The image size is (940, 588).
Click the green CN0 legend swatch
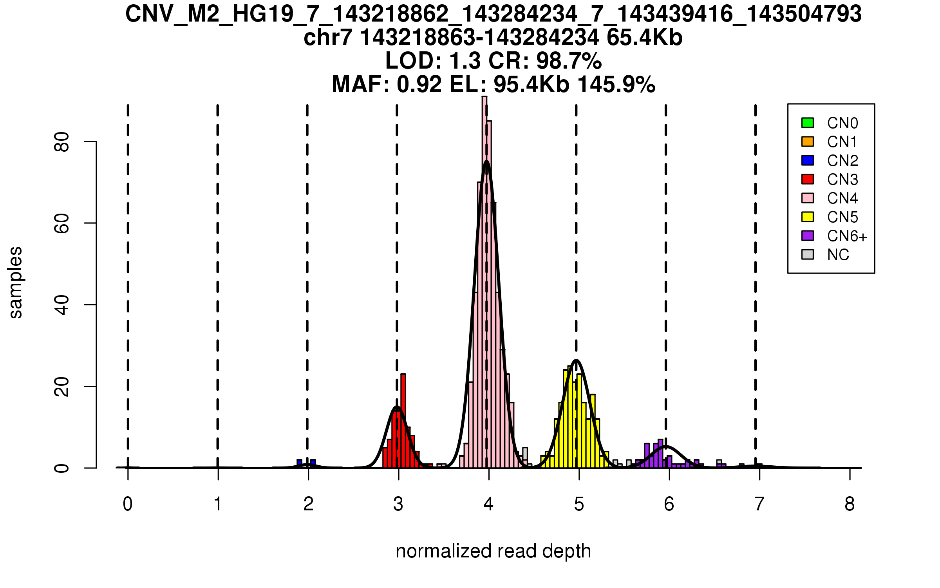(x=807, y=123)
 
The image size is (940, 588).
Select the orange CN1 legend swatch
(x=807, y=142)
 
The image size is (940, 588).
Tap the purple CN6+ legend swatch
(x=807, y=236)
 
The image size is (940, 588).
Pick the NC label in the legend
(x=838, y=255)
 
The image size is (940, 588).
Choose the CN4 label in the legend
(x=842, y=198)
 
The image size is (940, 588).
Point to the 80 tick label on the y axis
(x=62, y=142)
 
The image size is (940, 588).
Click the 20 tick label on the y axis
(x=62, y=387)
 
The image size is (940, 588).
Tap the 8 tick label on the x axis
(x=850, y=504)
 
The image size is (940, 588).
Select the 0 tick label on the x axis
(x=128, y=504)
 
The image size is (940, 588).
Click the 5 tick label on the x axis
(x=579, y=504)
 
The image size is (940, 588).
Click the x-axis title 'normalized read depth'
(x=493, y=551)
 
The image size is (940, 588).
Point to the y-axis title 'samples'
(x=16, y=283)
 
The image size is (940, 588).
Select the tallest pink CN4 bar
(x=484, y=282)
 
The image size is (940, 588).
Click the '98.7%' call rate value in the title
(x=569, y=61)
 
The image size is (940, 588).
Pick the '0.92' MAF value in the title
(x=419, y=84)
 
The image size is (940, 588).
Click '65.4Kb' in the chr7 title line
(x=644, y=38)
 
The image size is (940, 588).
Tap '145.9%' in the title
(x=616, y=84)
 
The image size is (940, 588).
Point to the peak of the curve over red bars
(x=397, y=407)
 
